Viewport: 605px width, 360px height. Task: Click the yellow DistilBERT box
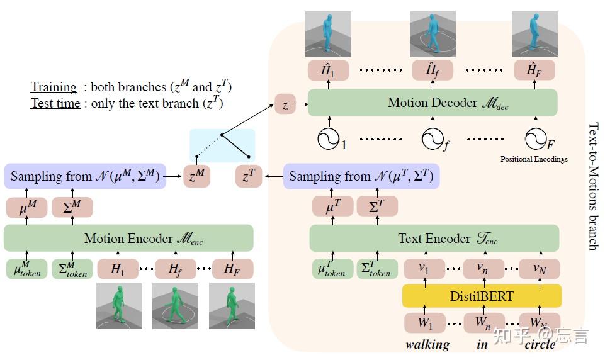482,295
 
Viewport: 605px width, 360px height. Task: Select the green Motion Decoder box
433,103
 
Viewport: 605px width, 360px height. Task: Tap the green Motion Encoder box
128,239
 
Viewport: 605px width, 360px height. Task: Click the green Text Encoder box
434,239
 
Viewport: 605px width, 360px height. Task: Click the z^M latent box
196,177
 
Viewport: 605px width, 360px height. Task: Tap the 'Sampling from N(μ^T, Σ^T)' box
361,176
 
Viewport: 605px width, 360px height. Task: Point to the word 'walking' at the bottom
427,344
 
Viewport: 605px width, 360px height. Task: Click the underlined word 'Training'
54,87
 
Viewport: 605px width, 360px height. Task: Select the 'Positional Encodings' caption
534,159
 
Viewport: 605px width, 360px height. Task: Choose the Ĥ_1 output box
328,70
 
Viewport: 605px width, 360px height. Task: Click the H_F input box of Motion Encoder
233,269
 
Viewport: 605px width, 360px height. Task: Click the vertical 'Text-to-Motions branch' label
592,186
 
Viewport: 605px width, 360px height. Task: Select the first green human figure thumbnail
119,306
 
